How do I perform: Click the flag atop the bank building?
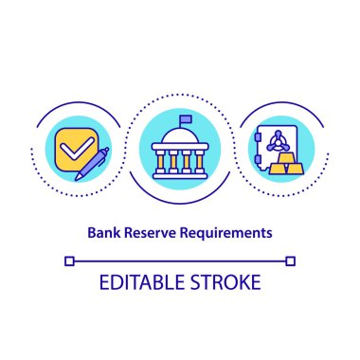point(183,118)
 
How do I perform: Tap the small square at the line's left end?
point(67,260)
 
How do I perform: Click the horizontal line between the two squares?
point(180,260)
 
